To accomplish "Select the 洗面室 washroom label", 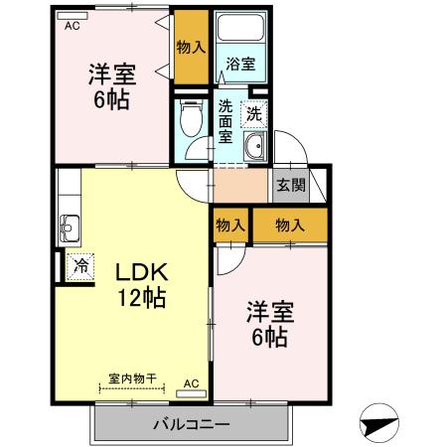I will pyautogui.click(x=225, y=120).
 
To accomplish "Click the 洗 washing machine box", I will pyautogui.click(x=255, y=113).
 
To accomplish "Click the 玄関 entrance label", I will pyautogui.click(x=290, y=185).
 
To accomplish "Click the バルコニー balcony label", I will pyautogui.click(x=192, y=425).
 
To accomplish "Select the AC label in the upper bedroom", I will pyautogui.click(x=72, y=27).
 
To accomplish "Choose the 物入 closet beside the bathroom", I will pyautogui.click(x=191, y=47).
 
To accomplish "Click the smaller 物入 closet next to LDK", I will pyautogui.click(x=230, y=225).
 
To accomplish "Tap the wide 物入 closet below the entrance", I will pyautogui.click(x=289, y=225).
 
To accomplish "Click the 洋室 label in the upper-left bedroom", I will pyautogui.click(x=111, y=74).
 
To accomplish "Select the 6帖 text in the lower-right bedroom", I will pyautogui.click(x=269, y=337).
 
